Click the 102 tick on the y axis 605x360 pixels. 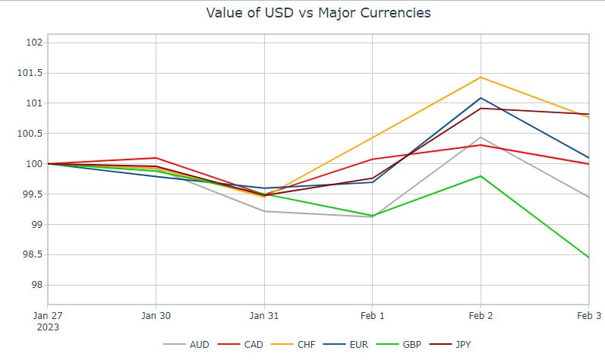[33, 43]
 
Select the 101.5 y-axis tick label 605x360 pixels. [29, 73]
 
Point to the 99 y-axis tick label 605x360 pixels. [35, 225]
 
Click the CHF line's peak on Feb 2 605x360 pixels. [481, 77]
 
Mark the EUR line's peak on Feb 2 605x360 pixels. [481, 97]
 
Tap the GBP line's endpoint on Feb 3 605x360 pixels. [589, 257]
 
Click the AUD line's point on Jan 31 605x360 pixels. [264, 211]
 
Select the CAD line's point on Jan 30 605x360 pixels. [156, 158]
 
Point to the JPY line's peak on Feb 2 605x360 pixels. [481, 108]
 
